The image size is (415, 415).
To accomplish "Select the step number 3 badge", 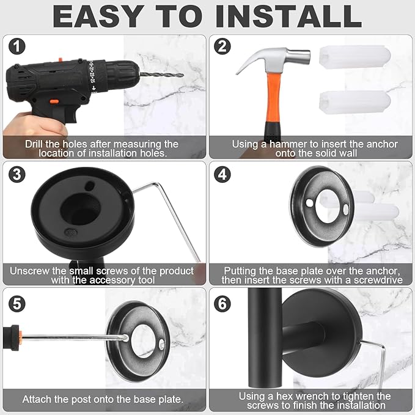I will (x=17, y=174).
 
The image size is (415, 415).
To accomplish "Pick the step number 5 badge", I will (x=17, y=301).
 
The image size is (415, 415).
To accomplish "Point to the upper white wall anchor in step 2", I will (x=354, y=57).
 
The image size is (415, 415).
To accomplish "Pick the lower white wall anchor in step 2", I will (x=354, y=102).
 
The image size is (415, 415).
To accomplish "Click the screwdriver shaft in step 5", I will (x=73, y=337).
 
